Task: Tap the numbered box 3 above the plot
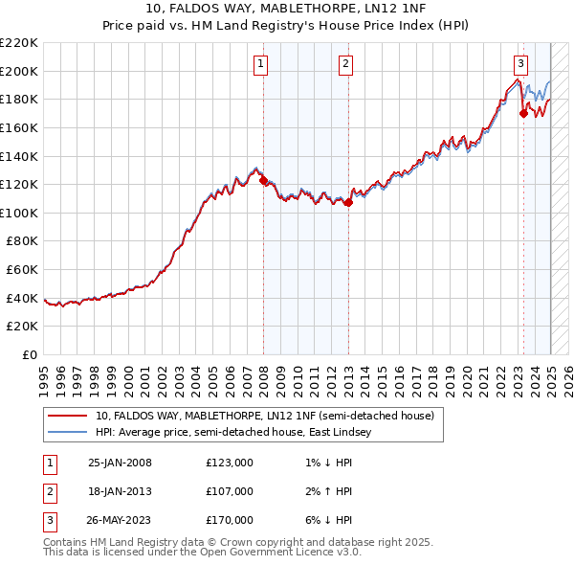[x=520, y=64]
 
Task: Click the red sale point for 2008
[x=263, y=180]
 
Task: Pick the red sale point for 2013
[x=348, y=202]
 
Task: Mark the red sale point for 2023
[x=523, y=113]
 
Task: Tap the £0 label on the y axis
[x=31, y=354]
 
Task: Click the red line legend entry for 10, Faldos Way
[x=265, y=416]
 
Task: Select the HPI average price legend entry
[x=237, y=433]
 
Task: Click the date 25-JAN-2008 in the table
[x=120, y=463]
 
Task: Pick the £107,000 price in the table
[x=230, y=491]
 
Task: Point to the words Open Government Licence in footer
[x=293, y=552]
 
